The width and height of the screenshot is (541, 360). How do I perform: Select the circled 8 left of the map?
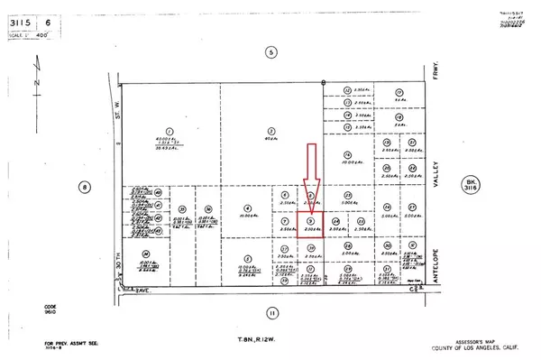pos(86,188)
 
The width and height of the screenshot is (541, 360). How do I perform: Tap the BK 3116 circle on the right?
pos(469,186)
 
